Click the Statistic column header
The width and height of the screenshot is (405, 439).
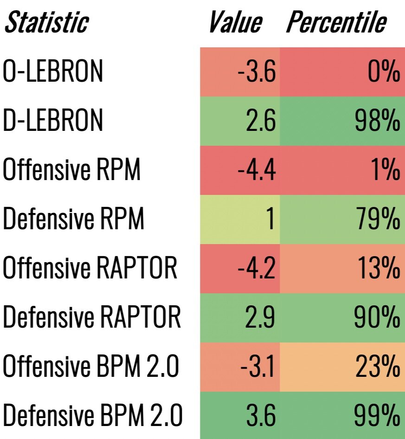click(x=46, y=22)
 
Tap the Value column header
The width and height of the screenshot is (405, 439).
click(x=235, y=22)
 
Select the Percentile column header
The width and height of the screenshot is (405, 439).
click(x=336, y=22)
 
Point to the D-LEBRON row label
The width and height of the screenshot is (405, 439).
click(x=53, y=121)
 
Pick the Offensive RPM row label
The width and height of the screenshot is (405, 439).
click(x=71, y=170)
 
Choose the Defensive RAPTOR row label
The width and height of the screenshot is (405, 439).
click(x=91, y=317)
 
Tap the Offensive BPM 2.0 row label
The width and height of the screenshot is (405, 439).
click(x=91, y=367)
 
